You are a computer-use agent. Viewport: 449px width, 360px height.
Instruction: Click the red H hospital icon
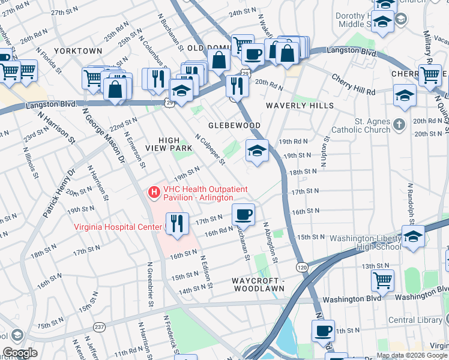[154, 192]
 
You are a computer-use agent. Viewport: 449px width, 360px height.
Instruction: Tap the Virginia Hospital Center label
[118, 227]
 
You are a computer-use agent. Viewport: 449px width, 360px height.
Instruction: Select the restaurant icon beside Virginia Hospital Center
[177, 224]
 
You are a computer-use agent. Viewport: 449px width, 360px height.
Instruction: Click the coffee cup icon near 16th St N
[243, 214]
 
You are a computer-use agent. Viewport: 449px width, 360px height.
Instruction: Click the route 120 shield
[302, 266]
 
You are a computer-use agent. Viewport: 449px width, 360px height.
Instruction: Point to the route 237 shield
[98, 326]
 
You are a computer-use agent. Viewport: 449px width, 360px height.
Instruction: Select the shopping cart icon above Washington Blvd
[382, 280]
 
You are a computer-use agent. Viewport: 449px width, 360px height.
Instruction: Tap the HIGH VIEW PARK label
[168, 139]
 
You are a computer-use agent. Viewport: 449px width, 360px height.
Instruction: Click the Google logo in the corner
[20, 353]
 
